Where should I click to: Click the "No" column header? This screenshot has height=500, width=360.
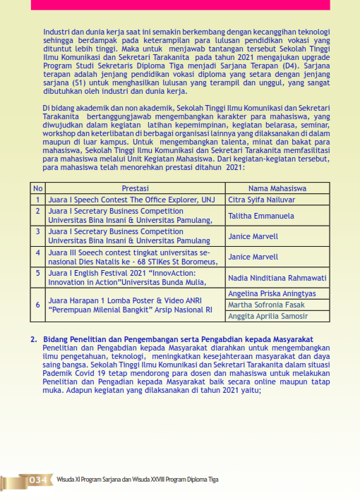(x=38, y=188)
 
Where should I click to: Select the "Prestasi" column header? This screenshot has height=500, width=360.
(x=135, y=188)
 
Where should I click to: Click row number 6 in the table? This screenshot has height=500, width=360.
(x=38, y=305)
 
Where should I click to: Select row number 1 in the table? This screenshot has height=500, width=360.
(x=38, y=200)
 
